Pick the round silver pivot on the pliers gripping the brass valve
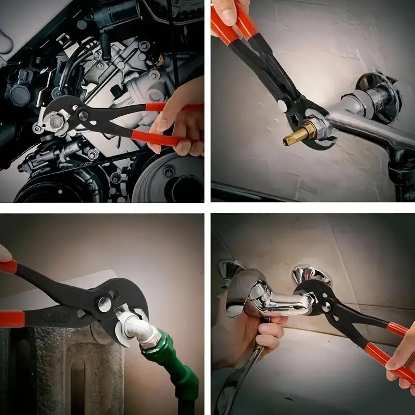pos(283,106)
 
